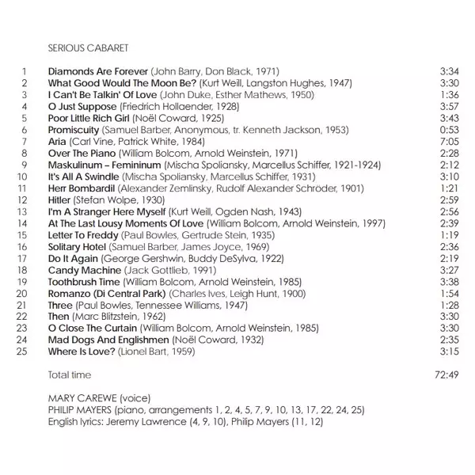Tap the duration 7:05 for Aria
tap(449, 141)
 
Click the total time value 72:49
tap(446, 374)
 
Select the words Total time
tap(70, 374)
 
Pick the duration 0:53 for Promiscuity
tap(449, 129)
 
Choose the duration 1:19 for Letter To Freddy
tap(449, 235)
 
